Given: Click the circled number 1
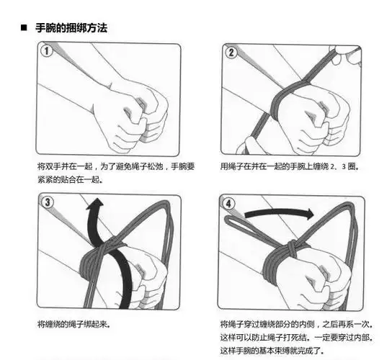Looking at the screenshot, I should click(x=46, y=52).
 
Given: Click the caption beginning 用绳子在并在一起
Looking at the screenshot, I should click(x=288, y=166).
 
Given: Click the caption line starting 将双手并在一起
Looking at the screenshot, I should click(x=115, y=166).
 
